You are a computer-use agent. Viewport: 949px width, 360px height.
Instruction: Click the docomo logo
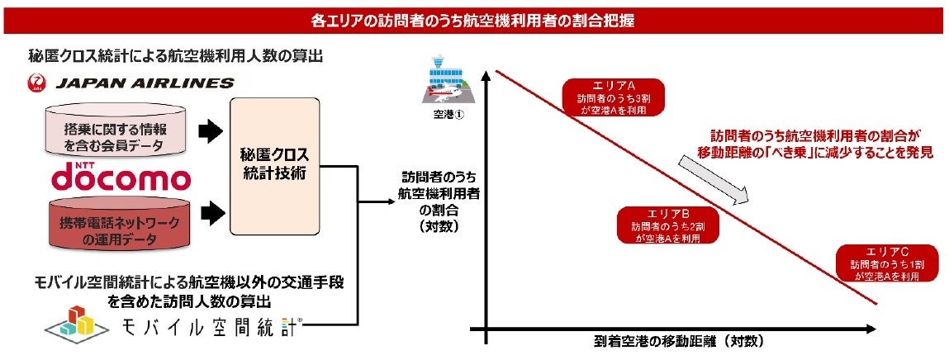(x=121, y=176)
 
